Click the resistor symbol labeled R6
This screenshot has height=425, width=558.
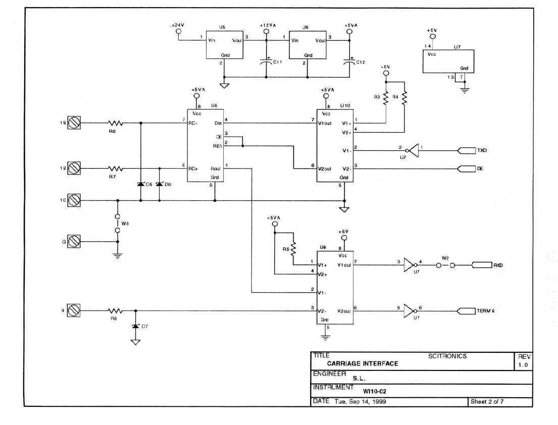(x=116, y=123)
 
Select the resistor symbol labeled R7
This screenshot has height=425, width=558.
(x=116, y=168)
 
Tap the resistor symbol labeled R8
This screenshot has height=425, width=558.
(x=116, y=311)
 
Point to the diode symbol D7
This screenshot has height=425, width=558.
(x=135, y=327)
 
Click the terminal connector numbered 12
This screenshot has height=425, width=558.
(x=74, y=168)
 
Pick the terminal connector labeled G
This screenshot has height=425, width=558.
(x=74, y=242)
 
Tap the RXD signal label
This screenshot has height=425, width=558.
(x=498, y=265)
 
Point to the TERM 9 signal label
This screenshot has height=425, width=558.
(x=485, y=311)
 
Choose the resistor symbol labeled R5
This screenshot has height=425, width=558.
(x=293, y=248)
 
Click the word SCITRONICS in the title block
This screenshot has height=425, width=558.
(x=447, y=356)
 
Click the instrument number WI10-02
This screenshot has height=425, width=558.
(x=375, y=391)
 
